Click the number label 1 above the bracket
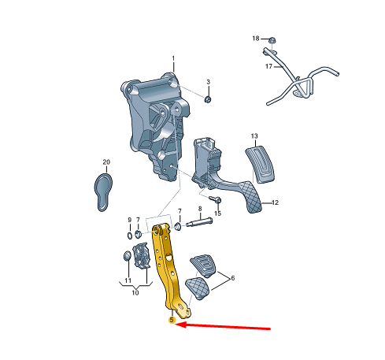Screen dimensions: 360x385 click(x=174, y=58)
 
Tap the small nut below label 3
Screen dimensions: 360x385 click(x=208, y=98)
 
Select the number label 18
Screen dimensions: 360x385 click(x=255, y=38)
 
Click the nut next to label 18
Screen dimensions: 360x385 click(x=271, y=40)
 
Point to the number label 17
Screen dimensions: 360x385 click(x=268, y=67)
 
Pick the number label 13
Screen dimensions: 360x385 click(x=254, y=135)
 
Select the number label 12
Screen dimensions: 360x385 click(x=276, y=202)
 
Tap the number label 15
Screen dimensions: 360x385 click(x=218, y=213)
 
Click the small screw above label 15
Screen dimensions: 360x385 click(x=213, y=199)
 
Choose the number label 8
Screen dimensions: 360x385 click(x=200, y=210)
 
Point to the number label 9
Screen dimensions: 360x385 click(x=130, y=220)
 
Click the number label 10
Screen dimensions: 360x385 click(x=135, y=293)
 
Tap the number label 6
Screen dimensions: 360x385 click(x=232, y=278)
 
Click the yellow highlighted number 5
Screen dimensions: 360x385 click(x=172, y=320)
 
